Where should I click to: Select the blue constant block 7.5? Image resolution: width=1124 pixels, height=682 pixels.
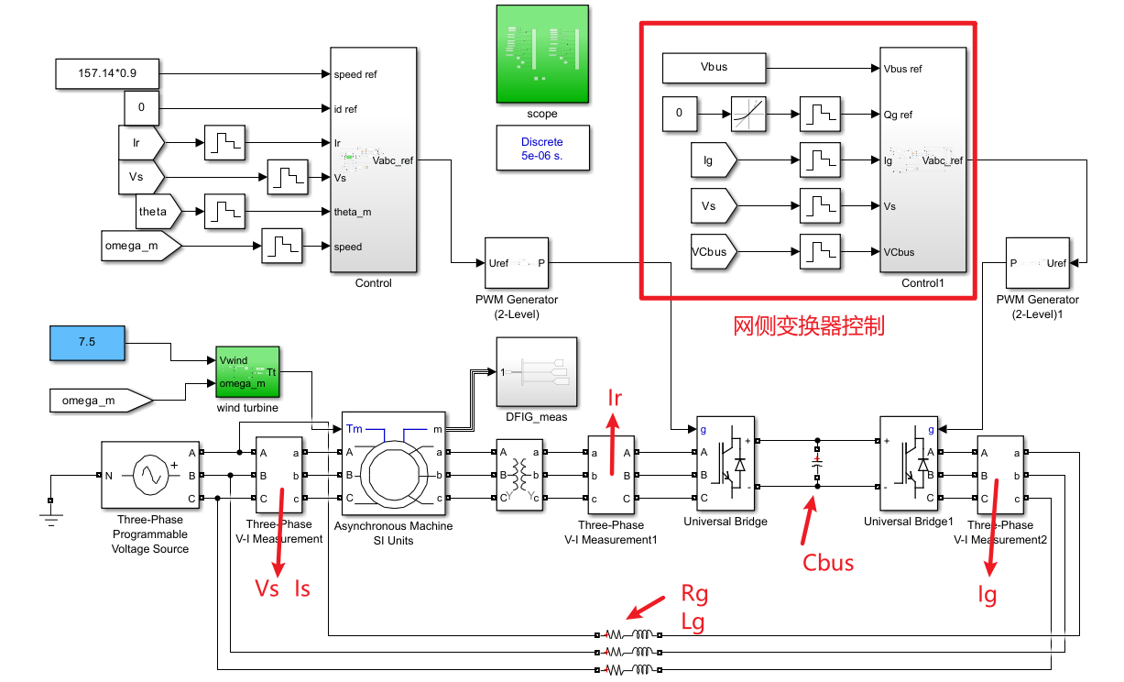(86, 341)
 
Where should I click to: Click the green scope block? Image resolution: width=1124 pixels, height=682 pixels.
(542, 54)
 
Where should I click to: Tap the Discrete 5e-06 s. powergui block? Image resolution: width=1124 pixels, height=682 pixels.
(542, 148)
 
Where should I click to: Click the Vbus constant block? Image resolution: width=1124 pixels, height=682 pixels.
(714, 68)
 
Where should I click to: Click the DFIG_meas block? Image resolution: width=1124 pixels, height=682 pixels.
(537, 371)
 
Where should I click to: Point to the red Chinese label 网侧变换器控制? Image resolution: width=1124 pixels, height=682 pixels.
(809, 325)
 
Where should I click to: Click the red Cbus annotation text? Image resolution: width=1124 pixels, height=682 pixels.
(828, 562)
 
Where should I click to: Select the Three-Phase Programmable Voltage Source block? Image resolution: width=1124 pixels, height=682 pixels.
(150, 475)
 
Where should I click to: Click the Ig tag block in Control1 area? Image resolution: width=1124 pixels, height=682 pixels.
(713, 160)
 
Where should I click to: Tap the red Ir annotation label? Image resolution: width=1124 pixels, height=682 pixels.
(616, 398)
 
